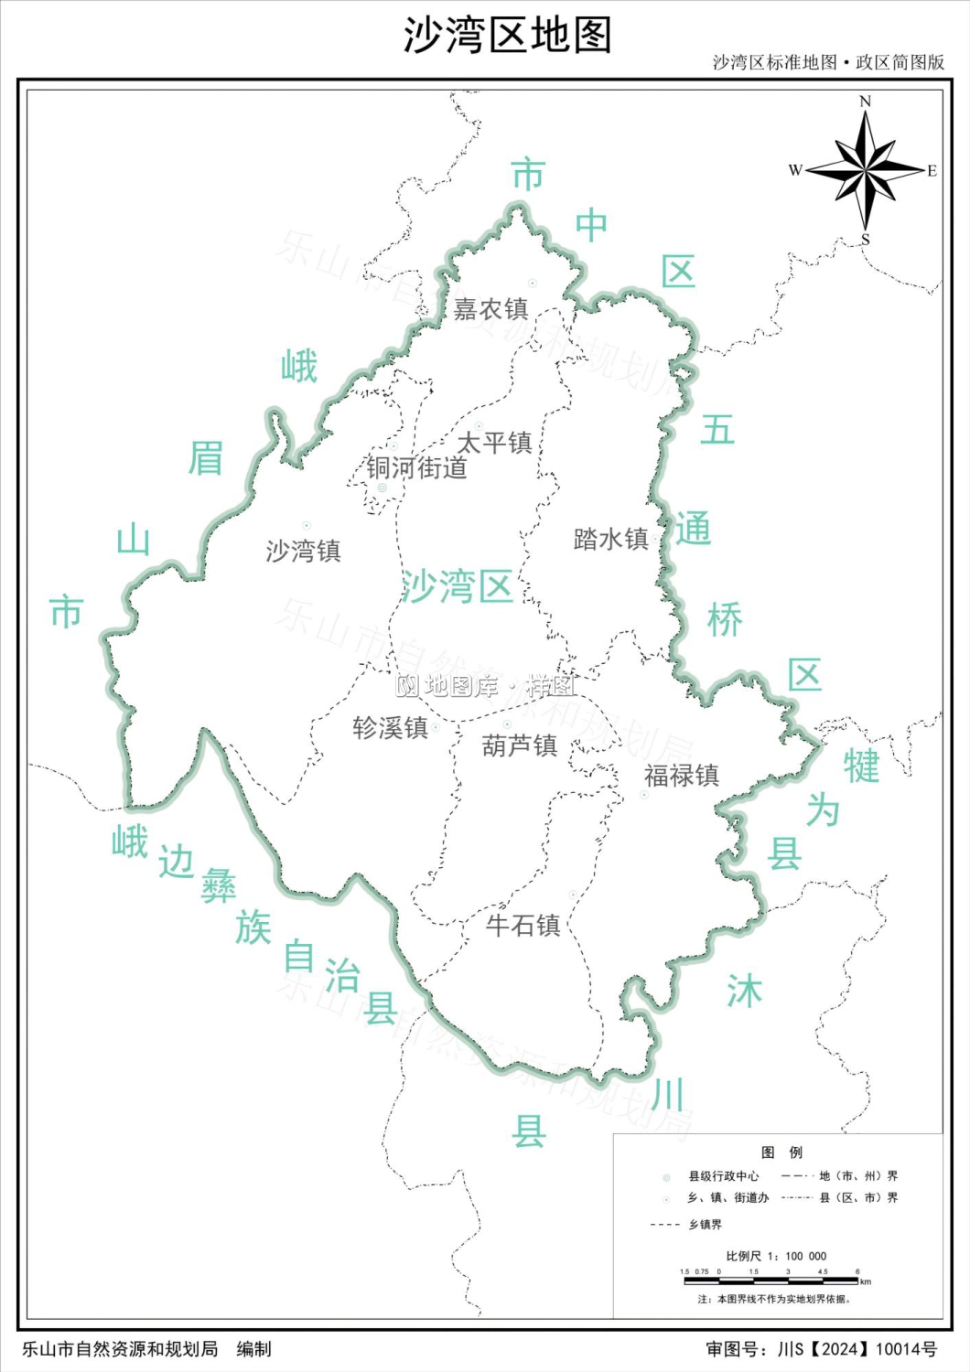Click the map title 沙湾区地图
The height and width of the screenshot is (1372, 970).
tap(507, 37)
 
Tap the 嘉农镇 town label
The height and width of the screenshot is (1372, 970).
tap(490, 310)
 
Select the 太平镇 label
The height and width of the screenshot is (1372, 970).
tap(494, 444)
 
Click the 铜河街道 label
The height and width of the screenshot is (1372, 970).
tap(416, 468)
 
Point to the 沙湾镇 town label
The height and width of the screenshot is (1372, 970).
tap(303, 552)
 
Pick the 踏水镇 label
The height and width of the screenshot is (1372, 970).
tap(610, 540)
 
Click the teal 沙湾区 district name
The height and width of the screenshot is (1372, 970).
tap(457, 586)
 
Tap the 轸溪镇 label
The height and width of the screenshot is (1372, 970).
tap(390, 728)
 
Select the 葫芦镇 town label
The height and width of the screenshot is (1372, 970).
tap(519, 746)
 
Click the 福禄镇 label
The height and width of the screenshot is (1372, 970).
tap(681, 777)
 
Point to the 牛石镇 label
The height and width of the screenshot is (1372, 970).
tap(523, 926)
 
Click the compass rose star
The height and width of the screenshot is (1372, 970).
tap(866, 170)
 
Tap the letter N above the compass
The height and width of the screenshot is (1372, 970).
tap(866, 102)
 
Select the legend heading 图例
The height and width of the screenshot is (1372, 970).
tap(781, 1152)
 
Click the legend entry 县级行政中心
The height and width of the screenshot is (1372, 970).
tap(723, 1176)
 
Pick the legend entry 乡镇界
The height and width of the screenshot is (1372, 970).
tap(705, 1225)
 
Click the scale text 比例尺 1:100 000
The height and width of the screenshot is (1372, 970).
tap(776, 1257)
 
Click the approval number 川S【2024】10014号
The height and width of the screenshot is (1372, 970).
tap(857, 1349)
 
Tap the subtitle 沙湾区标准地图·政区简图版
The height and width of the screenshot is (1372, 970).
tap(828, 62)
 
